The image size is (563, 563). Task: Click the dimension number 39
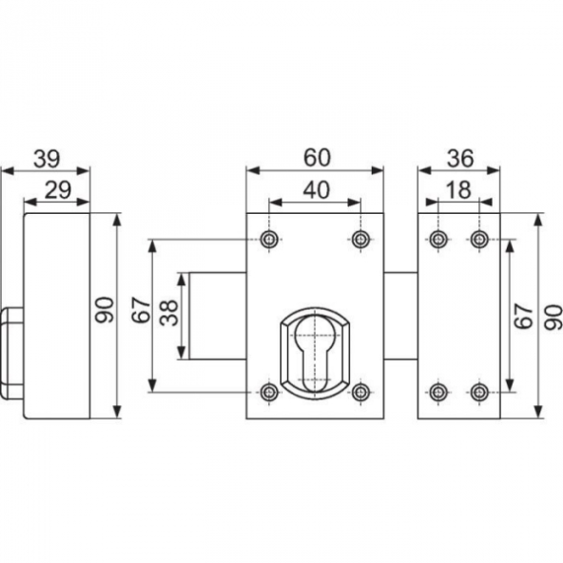coord(47,159)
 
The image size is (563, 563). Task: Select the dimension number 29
coord(58,190)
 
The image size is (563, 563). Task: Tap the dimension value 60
coord(317,158)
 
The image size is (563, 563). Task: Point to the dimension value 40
coord(317,190)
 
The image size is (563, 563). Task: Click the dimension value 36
coord(460,158)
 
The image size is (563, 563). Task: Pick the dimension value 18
coord(459,190)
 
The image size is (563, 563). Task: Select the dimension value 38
coord(169,313)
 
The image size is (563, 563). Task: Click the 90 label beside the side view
coord(105,309)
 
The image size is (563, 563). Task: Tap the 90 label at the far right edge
coord(553,318)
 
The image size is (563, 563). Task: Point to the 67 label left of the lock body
coord(141,310)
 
